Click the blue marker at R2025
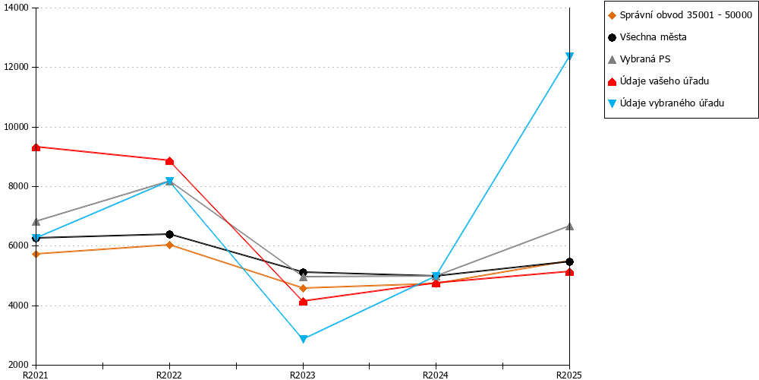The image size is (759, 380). click(x=570, y=56)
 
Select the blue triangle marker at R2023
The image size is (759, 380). click(x=303, y=339)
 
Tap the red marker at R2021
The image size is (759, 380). click(x=36, y=147)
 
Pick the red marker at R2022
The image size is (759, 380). click(x=169, y=161)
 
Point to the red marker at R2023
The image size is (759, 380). click(x=303, y=302)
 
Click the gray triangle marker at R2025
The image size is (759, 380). click(x=570, y=226)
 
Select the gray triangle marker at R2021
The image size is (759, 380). click(x=36, y=221)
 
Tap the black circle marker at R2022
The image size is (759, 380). click(x=169, y=235)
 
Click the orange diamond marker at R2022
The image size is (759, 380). click(x=169, y=245)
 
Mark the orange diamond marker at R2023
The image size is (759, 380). click(x=303, y=288)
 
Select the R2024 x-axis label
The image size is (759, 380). click(x=436, y=375)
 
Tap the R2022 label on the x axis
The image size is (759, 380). click(x=169, y=375)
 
